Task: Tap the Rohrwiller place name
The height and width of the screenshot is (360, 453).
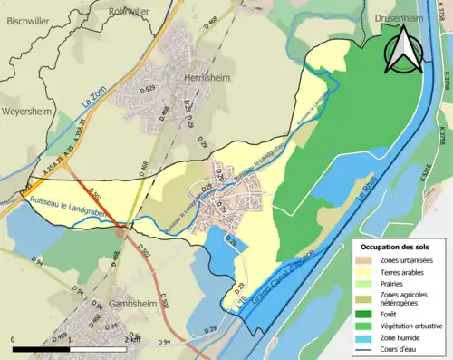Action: click(x=129, y=12)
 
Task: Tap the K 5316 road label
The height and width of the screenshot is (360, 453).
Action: click(x=441, y=181)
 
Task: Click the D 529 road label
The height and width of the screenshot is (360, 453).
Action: click(x=148, y=90)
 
